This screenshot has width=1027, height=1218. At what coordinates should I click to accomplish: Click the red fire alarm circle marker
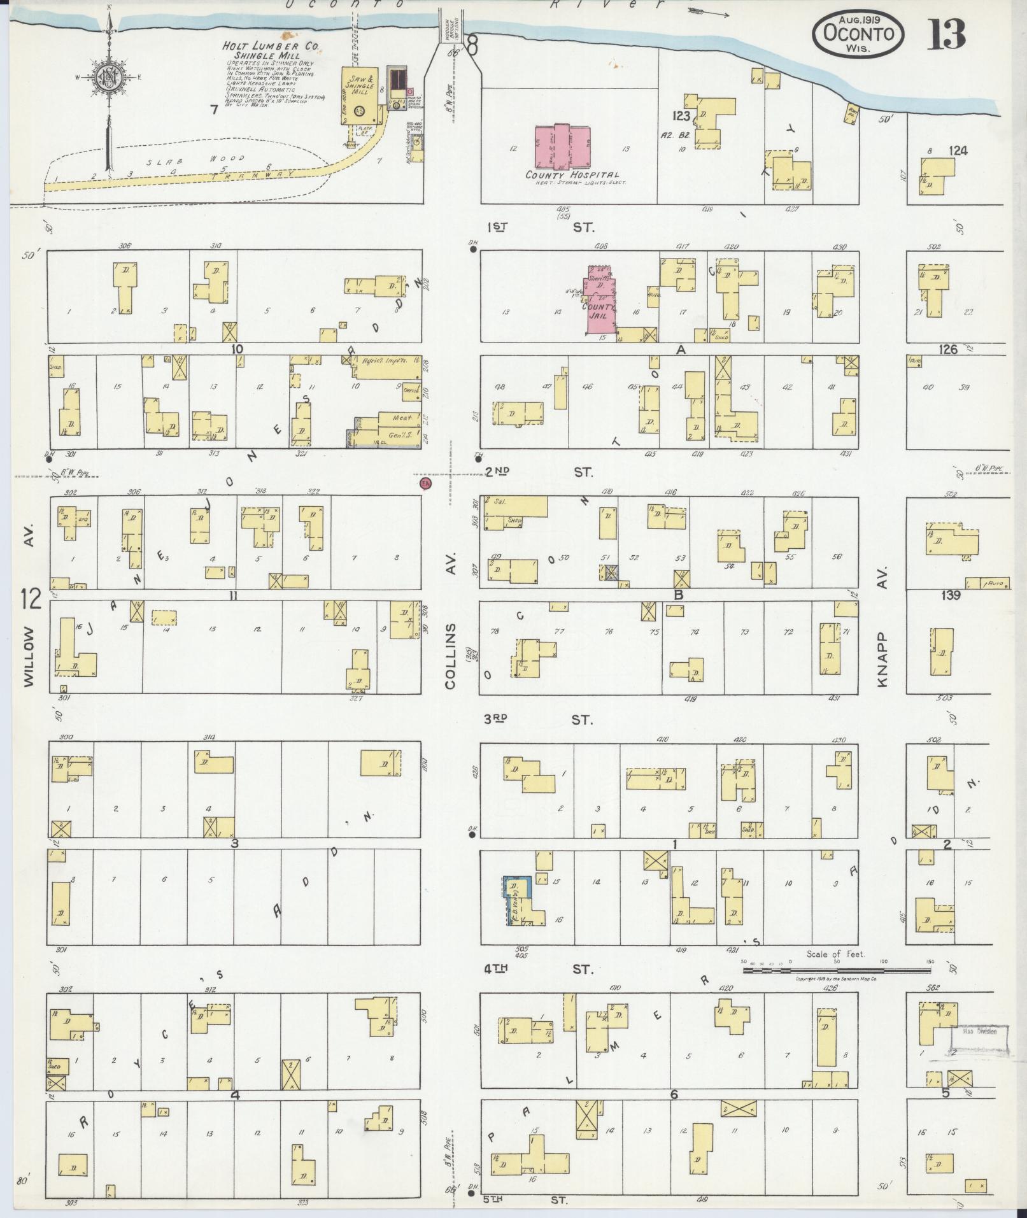click(425, 483)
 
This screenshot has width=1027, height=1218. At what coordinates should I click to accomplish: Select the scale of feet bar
click(837, 988)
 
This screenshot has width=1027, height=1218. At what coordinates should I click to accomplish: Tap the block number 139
click(951, 595)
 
